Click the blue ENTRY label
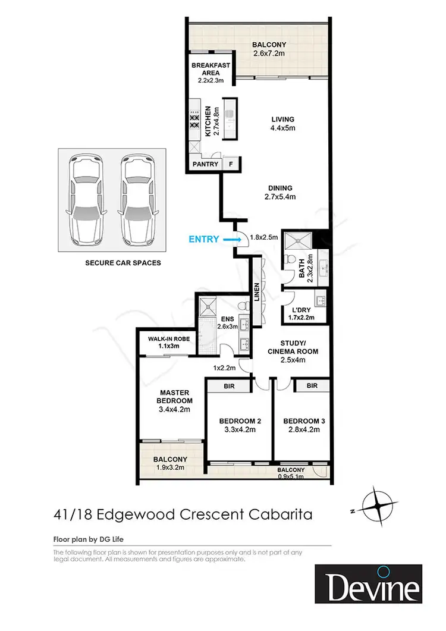click(x=203, y=239)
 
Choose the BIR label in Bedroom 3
click(x=312, y=386)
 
